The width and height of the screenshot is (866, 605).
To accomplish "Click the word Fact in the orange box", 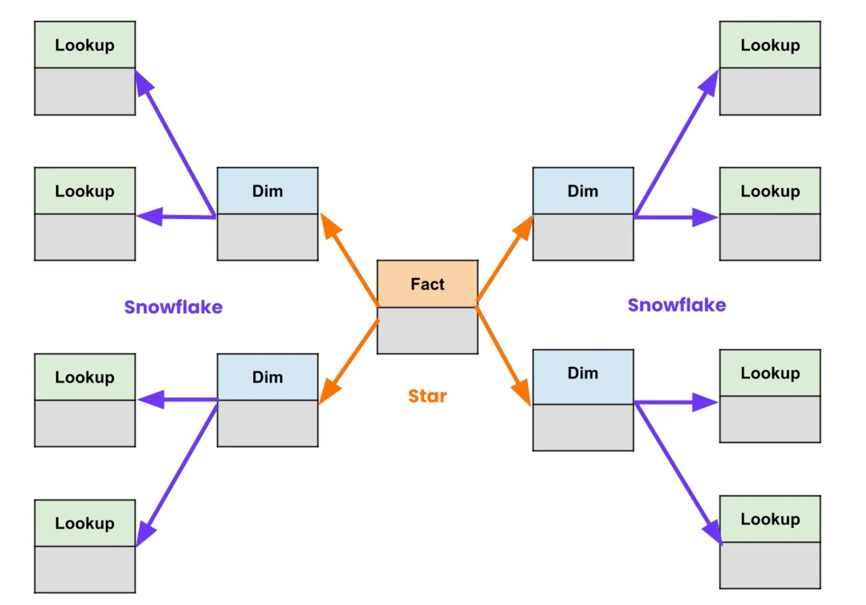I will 427,284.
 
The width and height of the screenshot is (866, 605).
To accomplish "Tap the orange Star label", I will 427,396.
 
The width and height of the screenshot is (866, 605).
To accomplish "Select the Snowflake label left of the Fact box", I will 174,307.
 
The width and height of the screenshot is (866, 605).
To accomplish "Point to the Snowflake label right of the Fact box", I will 677,305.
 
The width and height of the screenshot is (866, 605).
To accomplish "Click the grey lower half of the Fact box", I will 427,331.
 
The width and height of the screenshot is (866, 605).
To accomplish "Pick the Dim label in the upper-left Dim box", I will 268,191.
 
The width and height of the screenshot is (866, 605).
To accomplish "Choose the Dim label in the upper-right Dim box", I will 583,191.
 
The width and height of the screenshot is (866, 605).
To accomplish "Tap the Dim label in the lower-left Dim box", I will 268,377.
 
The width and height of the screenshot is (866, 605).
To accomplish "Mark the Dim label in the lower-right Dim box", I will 583,373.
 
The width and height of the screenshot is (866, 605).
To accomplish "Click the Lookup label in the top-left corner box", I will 85,45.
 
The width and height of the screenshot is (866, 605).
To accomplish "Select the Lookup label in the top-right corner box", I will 770,45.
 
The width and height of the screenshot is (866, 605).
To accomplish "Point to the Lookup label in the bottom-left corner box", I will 85,523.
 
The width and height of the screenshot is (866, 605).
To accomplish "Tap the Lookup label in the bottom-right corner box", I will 770,519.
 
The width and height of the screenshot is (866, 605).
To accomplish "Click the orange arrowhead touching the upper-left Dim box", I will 329,226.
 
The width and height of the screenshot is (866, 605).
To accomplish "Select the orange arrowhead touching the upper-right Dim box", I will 524,228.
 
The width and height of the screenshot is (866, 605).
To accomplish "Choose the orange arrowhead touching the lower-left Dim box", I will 329,392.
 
